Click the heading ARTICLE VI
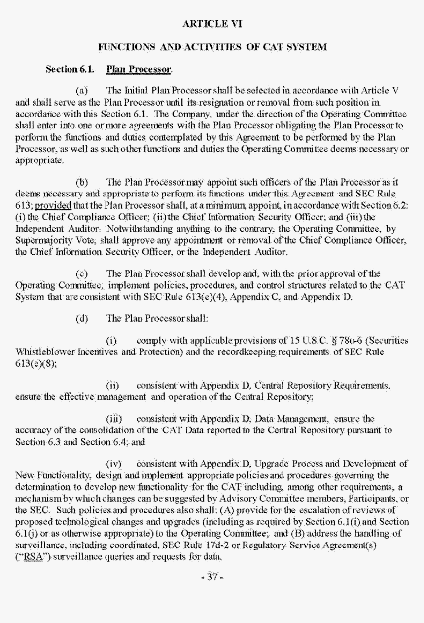[x=212, y=23]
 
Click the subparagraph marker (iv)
[x=115, y=464]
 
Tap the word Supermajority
[x=41, y=240]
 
